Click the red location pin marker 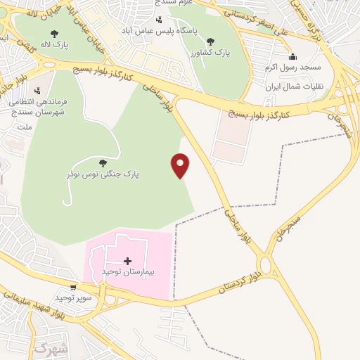tap(181, 165)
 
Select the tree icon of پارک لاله tap(55, 33)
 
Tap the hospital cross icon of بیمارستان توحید tap(127, 261)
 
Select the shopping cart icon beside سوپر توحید tap(73, 288)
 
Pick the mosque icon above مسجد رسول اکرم tap(292, 57)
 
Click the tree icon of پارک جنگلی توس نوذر tap(103, 162)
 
